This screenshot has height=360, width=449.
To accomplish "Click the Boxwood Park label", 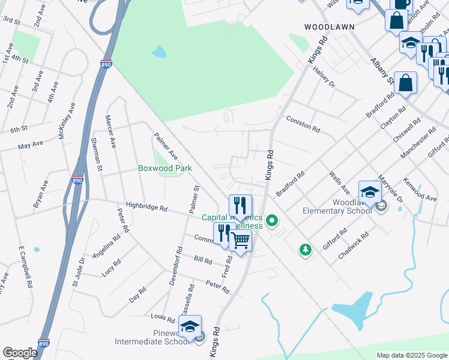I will click(x=165, y=168).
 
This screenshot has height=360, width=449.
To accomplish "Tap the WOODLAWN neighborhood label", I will click(x=330, y=27).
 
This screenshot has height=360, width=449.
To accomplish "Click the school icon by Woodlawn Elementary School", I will click(x=370, y=192).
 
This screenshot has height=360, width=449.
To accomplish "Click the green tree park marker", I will click(x=306, y=249).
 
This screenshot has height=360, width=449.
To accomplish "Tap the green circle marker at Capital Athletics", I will click(x=272, y=221).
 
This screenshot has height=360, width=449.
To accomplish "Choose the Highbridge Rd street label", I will click(x=146, y=207).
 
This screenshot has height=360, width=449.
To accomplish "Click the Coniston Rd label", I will click(x=303, y=123).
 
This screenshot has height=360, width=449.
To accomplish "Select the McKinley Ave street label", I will click(x=67, y=121).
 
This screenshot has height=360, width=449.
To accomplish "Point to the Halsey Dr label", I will click(x=324, y=77).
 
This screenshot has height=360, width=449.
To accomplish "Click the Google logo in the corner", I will click(x=20, y=353).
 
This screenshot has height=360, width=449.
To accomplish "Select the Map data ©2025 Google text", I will click(x=411, y=355).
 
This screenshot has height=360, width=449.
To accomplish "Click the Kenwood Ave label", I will click(x=420, y=189).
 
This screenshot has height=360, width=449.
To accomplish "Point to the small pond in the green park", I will click(x=159, y=52).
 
